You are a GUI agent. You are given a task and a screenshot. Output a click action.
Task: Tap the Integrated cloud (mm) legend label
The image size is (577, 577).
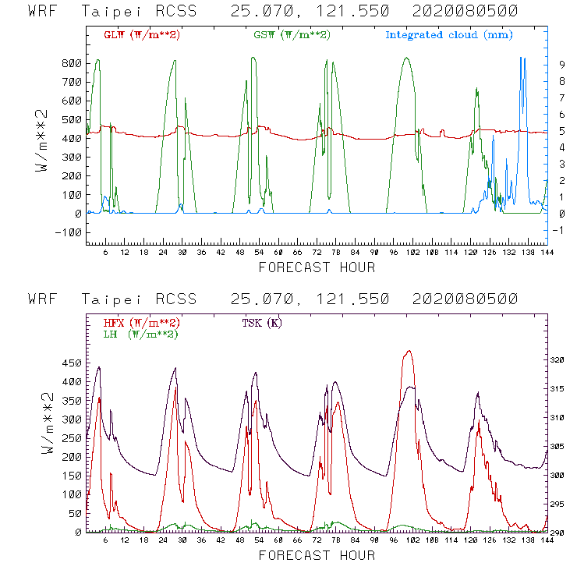(449, 35)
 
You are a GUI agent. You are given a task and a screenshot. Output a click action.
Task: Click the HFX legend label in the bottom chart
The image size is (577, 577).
(141, 322)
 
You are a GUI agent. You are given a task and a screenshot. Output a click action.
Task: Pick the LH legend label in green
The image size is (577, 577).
(140, 334)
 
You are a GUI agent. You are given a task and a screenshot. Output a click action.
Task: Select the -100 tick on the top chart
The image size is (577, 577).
(68, 232)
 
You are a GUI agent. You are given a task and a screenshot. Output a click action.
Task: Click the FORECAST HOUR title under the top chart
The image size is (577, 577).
(317, 268)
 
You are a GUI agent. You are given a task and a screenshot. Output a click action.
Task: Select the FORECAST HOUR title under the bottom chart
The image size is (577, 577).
(317, 556)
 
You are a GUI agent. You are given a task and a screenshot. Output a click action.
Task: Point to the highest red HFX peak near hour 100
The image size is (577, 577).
(409, 351)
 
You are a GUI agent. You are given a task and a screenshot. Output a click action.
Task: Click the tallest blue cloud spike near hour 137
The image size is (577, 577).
(522, 58)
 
